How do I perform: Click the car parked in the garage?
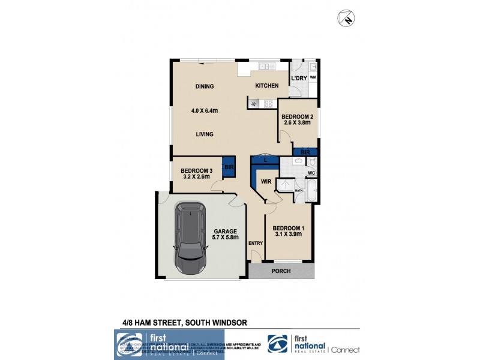tap(188, 238)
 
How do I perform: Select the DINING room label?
tap(205, 86)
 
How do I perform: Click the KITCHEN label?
tap(266, 86)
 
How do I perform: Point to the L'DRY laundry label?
tap(298, 79)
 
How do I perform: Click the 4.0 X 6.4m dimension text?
tap(204, 110)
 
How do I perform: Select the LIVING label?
tap(205, 134)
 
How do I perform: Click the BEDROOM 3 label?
tap(196, 170)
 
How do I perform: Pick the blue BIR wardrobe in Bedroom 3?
tap(229, 167)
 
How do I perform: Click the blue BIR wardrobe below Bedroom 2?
tap(305, 152)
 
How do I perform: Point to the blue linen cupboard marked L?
tap(265, 160)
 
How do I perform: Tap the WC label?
tap(311, 173)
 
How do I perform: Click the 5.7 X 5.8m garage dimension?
tap(226, 238)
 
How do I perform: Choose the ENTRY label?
tap(256, 243)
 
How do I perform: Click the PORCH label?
tap(281, 271)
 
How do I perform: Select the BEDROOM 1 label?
tap(289, 228)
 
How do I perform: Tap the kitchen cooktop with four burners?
tap(269, 103)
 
